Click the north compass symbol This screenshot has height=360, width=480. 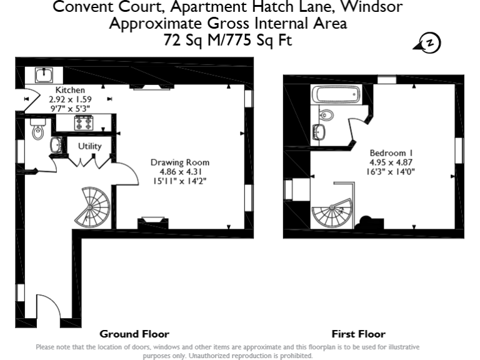[x=429, y=42]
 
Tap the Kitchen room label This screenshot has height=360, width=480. [x=70, y=90]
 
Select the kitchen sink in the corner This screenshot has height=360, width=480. [x=44, y=75]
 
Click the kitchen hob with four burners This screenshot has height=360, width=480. [x=84, y=123]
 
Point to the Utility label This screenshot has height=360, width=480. [x=89, y=146]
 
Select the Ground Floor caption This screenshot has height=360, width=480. [x=134, y=334]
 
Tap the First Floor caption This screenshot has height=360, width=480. [x=358, y=334]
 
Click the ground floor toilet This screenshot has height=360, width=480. [x=37, y=131]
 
